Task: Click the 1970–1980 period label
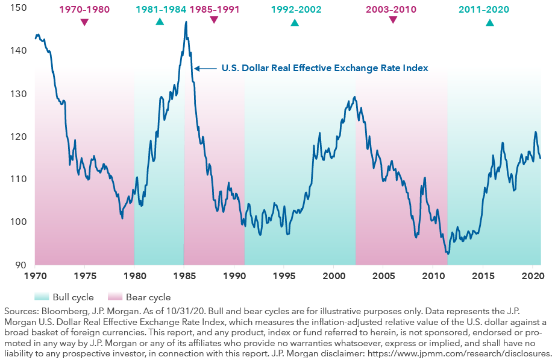click(84, 10)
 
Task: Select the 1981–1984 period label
click(160, 10)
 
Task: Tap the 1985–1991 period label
click(214, 10)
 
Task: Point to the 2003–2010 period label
click(393, 10)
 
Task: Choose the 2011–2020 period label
click(489, 10)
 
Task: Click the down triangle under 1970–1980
click(84, 22)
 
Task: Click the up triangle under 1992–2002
click(295, 22)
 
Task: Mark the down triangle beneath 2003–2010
click(393, 20)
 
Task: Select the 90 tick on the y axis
click(21, 265)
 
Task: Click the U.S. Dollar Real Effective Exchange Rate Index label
click(325, 68)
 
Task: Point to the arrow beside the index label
click(205, 68)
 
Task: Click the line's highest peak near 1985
click(186, 22)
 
